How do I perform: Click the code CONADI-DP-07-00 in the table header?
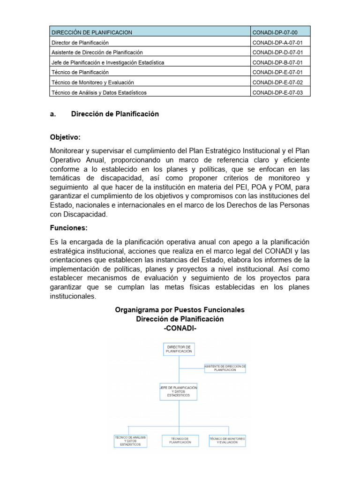coord(275,32)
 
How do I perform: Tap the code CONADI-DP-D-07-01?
coord(277,52)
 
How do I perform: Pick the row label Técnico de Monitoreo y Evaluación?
coord(92,82)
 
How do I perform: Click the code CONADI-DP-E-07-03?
coord(277,92)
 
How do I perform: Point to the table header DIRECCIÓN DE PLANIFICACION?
coord(91,32)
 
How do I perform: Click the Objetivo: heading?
coord(65,137)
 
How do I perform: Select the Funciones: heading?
coord(68,228)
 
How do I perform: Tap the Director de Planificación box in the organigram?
coord(178,349)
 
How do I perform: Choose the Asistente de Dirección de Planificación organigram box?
coord(225,367)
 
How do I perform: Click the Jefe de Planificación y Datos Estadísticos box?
coord(178,392)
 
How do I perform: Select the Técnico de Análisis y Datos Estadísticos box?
coord(131,441)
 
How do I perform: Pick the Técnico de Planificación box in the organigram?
coord(180,440)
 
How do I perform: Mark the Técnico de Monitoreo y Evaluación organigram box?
coord(227,440)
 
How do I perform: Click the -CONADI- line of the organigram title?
coord(180,328)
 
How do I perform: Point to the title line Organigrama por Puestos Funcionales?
coord(180,310)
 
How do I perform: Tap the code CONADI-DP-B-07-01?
coord(277,62)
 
